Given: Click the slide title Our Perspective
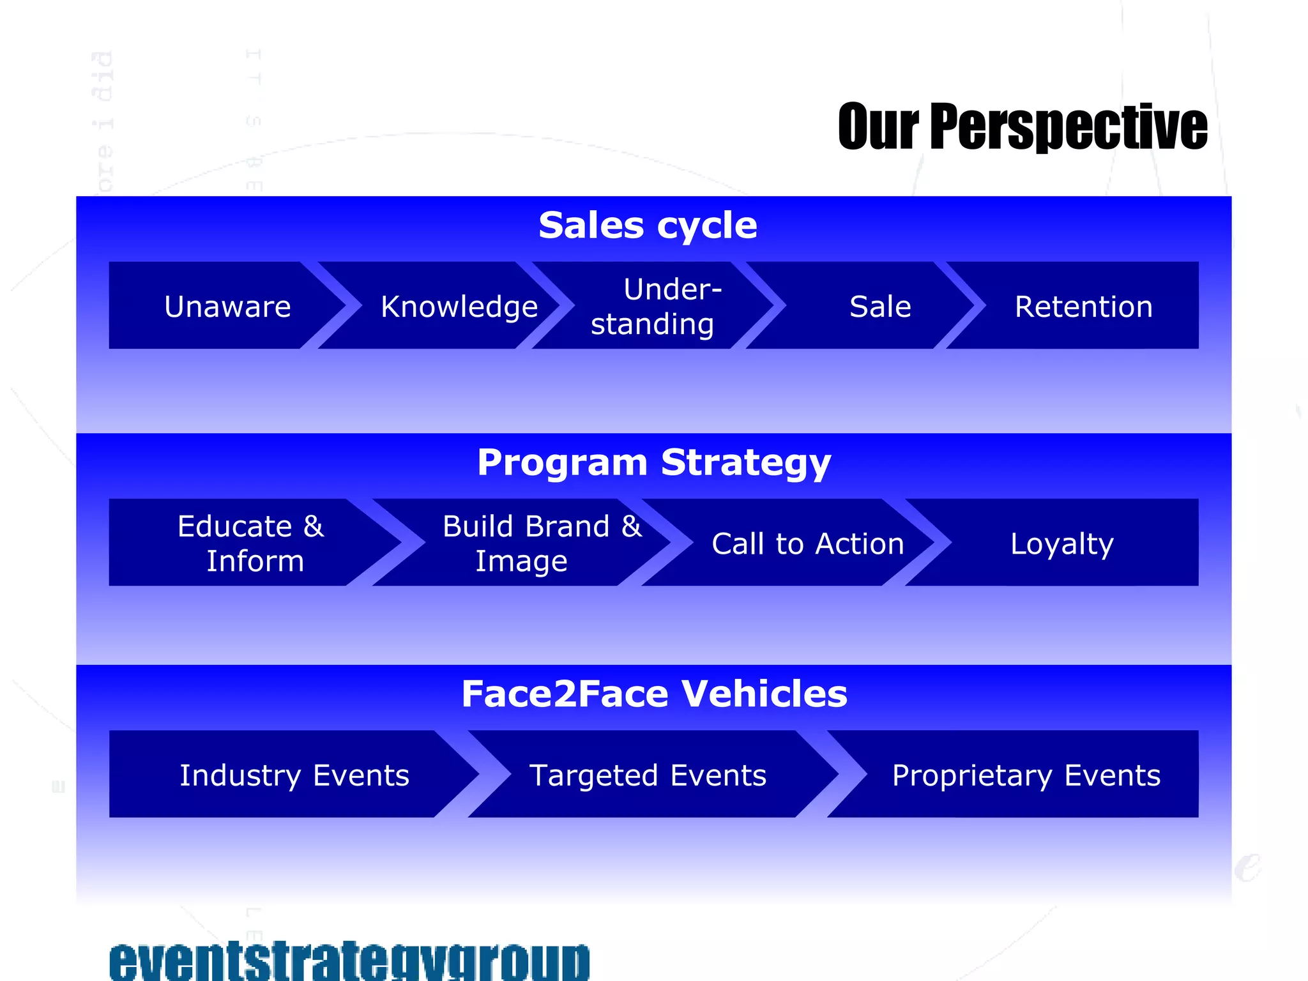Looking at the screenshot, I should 1022,126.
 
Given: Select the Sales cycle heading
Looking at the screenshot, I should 648,225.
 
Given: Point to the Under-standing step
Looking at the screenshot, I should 655,307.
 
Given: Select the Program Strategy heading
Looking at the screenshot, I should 653,462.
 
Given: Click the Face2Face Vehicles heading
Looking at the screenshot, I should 653,694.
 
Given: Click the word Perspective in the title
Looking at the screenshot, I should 1068,126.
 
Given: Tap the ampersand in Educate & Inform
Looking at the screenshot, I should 313,526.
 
